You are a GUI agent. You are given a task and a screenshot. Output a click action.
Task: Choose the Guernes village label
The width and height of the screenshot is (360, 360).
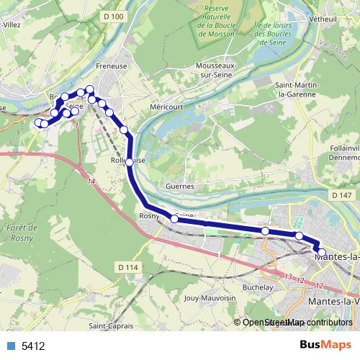[180, 186]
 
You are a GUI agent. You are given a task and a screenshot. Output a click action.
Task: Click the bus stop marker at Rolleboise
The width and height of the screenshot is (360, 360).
[130, 163]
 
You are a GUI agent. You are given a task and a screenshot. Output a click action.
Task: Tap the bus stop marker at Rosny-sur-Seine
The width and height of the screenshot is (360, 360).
[174, 219]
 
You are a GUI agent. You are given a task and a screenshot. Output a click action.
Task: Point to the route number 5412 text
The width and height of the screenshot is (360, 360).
[34, 346]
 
